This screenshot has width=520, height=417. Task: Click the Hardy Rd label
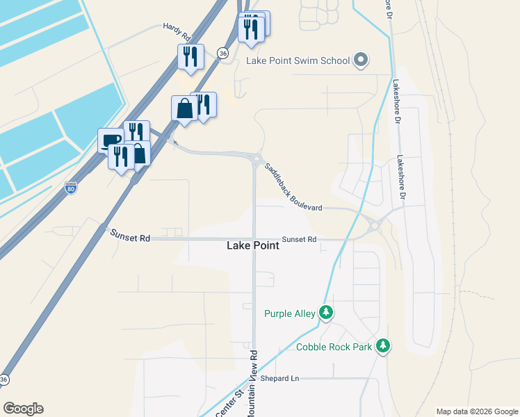pos(177,28)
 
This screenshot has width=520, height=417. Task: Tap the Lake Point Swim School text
pos(298,60)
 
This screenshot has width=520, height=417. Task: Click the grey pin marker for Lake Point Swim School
pos(360,60)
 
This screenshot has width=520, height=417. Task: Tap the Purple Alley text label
pos(290,314)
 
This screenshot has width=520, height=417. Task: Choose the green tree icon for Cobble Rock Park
pos(382,345)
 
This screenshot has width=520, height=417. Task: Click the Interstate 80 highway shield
pos(70,188)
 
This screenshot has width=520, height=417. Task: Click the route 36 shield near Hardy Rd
pos(222,53)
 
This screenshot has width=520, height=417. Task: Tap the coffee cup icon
pos(110,141)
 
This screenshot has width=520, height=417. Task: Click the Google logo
pos(23,409)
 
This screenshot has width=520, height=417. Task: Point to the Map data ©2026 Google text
pos(476,411)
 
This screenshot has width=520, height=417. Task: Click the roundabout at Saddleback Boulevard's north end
pos(257,159)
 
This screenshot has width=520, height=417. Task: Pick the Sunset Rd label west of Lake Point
pos(131,238)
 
